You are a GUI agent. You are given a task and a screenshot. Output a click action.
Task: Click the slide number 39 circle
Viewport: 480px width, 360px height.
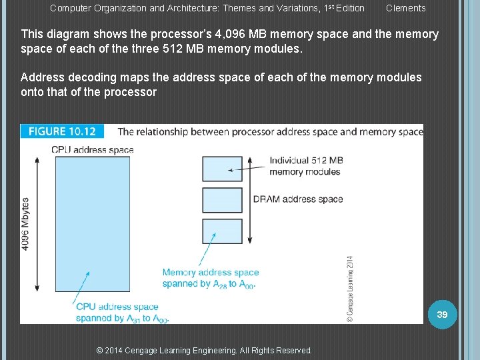point(442,314)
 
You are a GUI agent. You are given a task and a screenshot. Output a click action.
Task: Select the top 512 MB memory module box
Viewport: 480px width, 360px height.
point(222,169)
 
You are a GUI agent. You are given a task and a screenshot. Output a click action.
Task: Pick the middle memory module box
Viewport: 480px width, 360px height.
point(222,200)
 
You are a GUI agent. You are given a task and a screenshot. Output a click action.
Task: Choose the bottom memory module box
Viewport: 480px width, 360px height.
point(222,232)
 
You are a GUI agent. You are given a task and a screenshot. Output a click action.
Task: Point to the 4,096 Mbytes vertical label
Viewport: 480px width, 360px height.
point(25,223)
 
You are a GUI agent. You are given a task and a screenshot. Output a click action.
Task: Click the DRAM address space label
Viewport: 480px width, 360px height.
point(297,199)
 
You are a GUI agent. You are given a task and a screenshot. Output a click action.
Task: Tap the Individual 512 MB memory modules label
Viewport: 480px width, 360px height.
point(306,166)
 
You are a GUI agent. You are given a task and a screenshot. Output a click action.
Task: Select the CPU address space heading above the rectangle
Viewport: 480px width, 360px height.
point(92,149)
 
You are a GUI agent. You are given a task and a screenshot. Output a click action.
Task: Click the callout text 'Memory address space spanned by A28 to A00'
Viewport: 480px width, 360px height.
point(210,278)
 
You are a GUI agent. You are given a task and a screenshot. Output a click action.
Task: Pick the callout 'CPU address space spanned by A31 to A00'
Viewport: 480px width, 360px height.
point(122,313)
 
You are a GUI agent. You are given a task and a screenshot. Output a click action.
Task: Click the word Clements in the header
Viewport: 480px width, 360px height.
point(405,8)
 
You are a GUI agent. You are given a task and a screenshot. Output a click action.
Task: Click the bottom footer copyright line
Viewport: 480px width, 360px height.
point(204,350)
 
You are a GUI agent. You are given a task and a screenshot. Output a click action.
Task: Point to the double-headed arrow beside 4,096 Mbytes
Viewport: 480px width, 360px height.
point(38,223)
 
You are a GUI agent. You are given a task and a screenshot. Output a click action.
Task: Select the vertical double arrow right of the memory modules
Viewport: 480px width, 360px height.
point(250,200)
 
